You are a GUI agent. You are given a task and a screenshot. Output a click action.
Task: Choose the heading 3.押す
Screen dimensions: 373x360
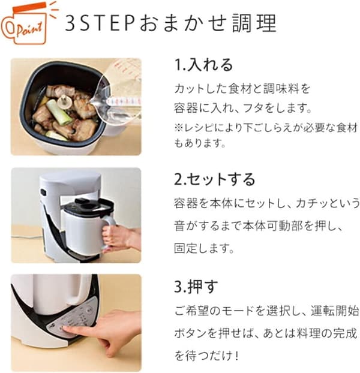click(x=195, y=287)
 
